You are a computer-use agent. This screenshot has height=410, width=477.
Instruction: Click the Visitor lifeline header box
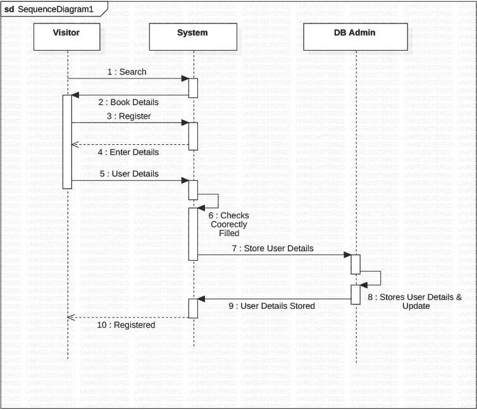click(x=66, y=34)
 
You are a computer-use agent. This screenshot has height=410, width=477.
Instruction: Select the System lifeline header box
click(x=192, y=34)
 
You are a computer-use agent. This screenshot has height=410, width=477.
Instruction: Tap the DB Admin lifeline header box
click(x=356, y=34)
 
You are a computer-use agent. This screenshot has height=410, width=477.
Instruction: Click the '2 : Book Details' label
click(x=128, y=102)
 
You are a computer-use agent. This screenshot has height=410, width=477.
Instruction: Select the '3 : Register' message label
click(x=128, y=116)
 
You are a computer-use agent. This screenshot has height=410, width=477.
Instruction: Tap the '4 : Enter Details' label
click(x=128, y=152)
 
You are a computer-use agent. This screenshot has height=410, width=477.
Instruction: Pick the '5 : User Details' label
click(x=128, y=173)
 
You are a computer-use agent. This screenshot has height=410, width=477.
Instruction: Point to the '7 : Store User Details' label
click(x=272, y=248)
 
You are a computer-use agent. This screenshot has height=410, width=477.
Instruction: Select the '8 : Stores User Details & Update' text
click(x=415, y=301)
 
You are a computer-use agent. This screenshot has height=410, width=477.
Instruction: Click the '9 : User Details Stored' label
click(x=271, y=306)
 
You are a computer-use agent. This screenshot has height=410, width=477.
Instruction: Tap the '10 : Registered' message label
click(x=126, y=325)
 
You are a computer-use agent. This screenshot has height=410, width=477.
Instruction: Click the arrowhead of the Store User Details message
click(x=347, y=255)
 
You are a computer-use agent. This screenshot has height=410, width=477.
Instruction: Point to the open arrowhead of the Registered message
click(x=71, y=317)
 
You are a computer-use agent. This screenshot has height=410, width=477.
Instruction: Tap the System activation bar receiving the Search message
click(x=194, y=87)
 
